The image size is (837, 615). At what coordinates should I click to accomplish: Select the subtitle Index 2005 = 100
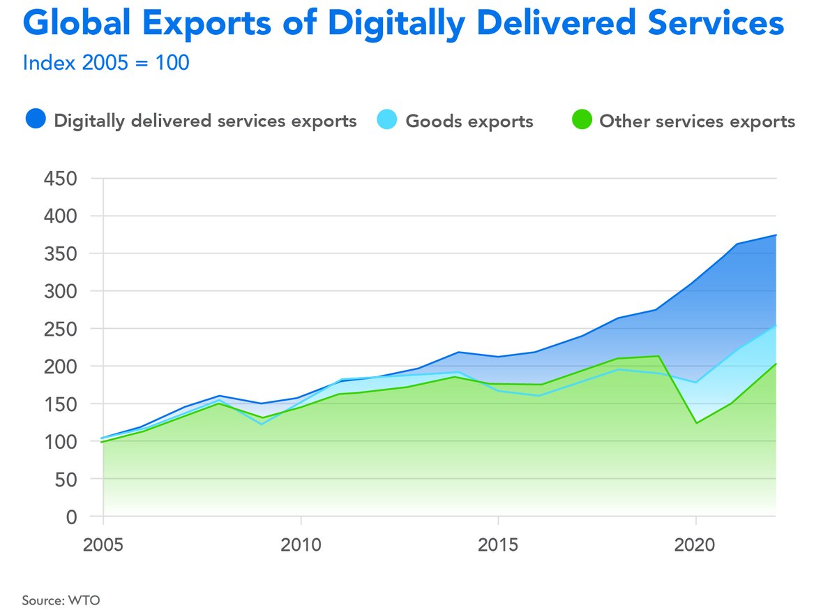[106, 62]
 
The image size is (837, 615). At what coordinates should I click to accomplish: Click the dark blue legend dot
[35, 120]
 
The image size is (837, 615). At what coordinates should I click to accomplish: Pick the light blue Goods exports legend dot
[386, 120]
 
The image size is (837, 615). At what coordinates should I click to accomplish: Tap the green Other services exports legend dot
[580, 120]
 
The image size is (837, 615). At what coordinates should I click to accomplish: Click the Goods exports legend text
[469, 121]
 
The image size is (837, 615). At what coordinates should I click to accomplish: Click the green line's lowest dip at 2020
[696, 423]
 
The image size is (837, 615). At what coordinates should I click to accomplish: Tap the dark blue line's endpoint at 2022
[776, 235]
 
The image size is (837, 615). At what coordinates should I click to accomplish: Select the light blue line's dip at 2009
[261, 424]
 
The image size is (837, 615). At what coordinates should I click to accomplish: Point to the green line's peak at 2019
[657, 356]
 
